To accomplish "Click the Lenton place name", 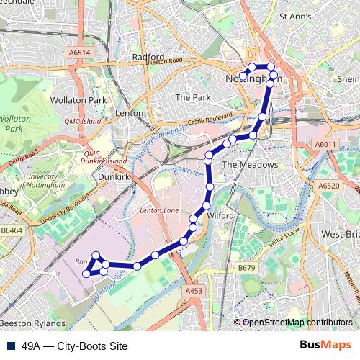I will coord(130,113).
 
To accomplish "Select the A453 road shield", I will coord(193,290).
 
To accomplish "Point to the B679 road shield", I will coord(247,268).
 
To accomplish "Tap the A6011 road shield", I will coord(325,145).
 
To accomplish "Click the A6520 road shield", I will coord(330,185).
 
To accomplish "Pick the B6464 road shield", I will coord(12,230).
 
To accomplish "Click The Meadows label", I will coord(249,165).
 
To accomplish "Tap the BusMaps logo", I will coord(325,346).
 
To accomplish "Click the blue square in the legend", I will coord(11,346).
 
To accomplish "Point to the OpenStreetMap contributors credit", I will coord(297,323).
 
